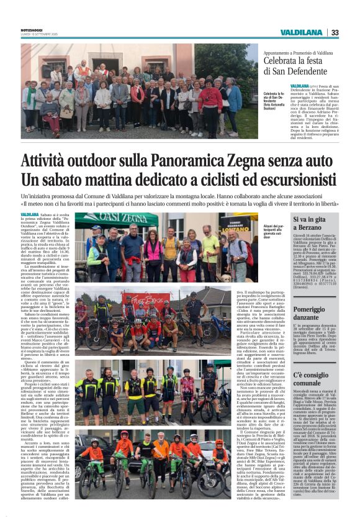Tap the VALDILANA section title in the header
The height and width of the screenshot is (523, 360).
pos(300,32)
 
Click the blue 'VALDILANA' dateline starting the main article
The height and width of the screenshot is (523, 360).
pos(29,215)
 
